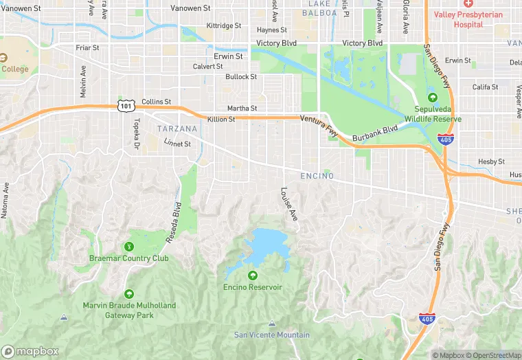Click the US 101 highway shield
pyautogui.click(x=125, y=104)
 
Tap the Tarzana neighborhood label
pyautogui.click(x=177, y=128)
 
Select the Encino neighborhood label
pyautogui.click(x=317, y=177)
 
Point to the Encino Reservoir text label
pyautogui.click(x=252, y=287)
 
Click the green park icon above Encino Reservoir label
pyautogui.click(x=252, y=275)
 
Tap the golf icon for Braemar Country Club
pyautogui.click(x=128, y=247)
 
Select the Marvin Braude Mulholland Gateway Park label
pyautogui.click(x=129, y=310)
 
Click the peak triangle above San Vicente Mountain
pyautogui.click(x=271, y=323)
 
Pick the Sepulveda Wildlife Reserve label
pyautogui.click(x=432, y=114)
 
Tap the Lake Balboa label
pyautogui.click(x=319, y=8)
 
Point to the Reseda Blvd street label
pyautogui.click(x=176, y=222)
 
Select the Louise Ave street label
pyautogui.click(x=289, y=204)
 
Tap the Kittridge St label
pyautogui.click(x=224, y=25)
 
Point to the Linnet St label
pyautogui.click(x=177, y=144)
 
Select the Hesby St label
pyautogui.click(x=491, y=161)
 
